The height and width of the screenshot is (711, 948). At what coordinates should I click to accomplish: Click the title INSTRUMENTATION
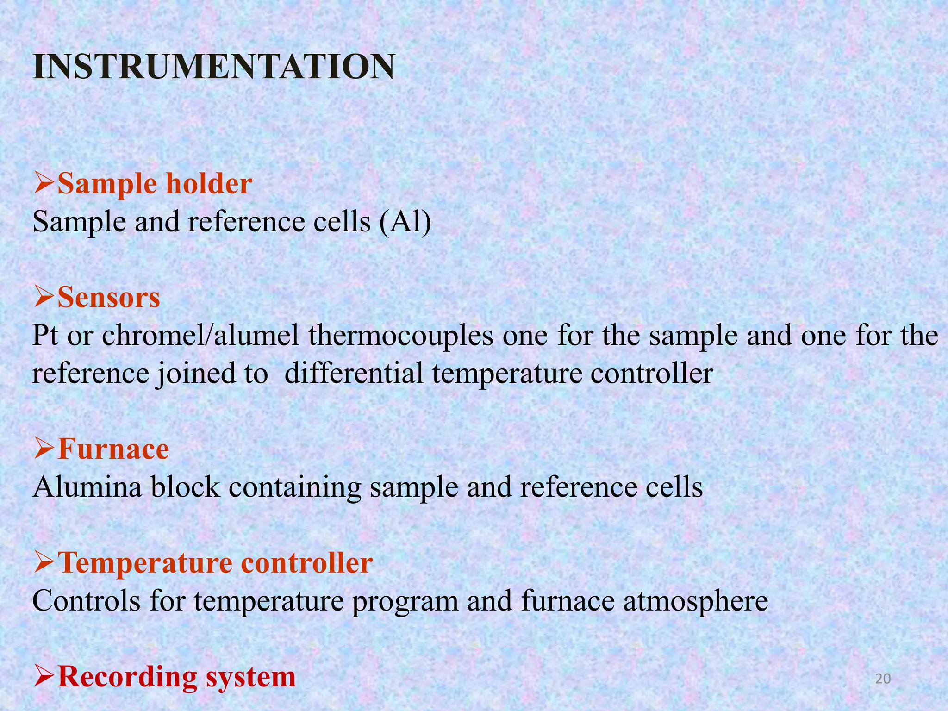(214, 68)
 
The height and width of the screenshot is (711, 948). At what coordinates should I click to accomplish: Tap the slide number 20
(883, 679)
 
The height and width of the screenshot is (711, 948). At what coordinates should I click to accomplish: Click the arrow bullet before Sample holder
(44, 184)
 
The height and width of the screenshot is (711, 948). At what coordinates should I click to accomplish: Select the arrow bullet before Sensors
(44, 298)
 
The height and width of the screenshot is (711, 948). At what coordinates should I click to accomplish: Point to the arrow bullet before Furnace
(44, 449)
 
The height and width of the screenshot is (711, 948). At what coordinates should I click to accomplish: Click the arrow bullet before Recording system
(44, 677)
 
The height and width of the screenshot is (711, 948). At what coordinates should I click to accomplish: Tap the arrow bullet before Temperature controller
(44, 563)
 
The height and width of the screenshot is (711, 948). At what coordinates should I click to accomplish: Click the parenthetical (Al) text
(405, 222)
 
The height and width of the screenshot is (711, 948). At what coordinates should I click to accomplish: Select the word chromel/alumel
(200, 336)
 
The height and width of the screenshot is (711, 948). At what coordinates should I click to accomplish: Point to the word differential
(354, 374)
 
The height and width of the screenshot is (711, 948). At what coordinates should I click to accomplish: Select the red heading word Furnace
(113, 449)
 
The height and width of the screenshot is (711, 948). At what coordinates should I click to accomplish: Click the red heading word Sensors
(109, 298)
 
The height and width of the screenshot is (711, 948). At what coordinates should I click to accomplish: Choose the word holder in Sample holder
(209, 184)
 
